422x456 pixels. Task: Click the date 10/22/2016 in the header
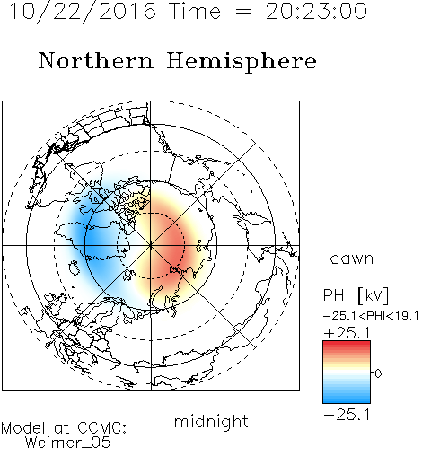(83, 12)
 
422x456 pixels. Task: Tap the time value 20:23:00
(316, 11)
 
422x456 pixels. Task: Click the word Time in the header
(195, 11)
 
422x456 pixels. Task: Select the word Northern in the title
(96, 60)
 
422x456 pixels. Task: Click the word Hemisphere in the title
(242, 62)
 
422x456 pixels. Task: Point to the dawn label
(352, 258)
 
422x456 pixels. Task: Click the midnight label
(211, 421)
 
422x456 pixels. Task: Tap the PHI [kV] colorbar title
(356, 295)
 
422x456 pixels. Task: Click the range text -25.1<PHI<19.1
(371, 316)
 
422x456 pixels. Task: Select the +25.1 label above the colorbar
(347, 333)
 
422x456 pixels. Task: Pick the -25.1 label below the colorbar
(347, 415)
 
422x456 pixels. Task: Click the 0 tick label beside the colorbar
(378, 373)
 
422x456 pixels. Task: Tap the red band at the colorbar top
(347, 345)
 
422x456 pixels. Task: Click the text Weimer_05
(67, 443)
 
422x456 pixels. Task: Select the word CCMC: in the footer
(101, 428)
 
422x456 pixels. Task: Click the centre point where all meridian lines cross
(151, 246)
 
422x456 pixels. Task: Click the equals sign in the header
(243, 12)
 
